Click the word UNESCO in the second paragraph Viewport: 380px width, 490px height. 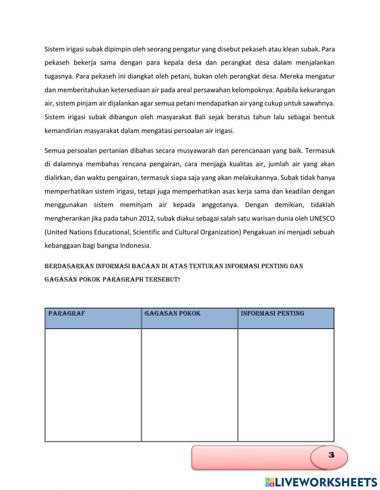tap(322, 218)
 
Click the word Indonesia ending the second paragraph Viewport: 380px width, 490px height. tap(135, 246)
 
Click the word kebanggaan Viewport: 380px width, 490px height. tap(62, 246)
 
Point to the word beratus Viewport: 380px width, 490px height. tap(239, 117)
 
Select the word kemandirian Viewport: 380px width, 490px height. tap(62, 131)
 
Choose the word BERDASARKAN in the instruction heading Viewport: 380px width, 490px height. tap(69, 266)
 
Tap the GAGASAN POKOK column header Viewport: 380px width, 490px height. tap(172, 314)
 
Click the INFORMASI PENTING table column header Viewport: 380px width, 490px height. tap(272, 314)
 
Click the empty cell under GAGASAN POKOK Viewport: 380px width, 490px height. tap(189, 384)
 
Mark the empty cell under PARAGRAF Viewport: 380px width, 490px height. tap(93, 384)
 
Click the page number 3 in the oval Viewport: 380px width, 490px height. tap(331, 455)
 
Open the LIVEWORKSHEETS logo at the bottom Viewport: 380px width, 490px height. tap(321, 482)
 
